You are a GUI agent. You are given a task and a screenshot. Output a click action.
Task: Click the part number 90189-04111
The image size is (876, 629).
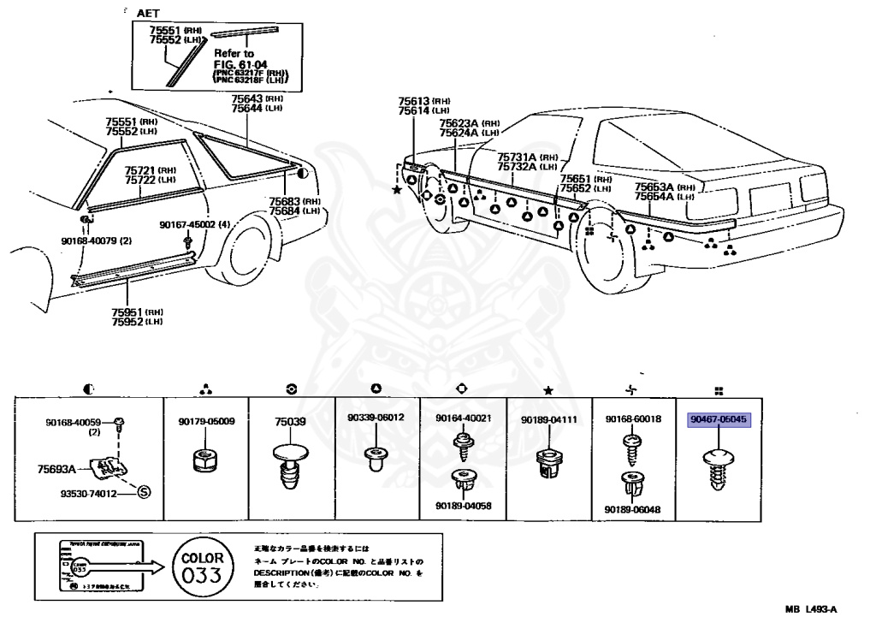[x=549, y=420]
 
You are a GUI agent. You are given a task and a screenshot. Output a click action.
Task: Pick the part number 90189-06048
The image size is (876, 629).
[x=633, y=510]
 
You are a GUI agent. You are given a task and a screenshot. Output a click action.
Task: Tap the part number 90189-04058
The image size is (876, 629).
[x=463, y=505]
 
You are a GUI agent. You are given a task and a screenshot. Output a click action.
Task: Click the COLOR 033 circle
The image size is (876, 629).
[x=200, y=568]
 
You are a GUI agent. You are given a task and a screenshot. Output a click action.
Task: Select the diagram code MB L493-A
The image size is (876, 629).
[x=810, y=609]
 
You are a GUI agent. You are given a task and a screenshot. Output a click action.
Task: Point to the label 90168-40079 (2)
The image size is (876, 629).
[x=96, y=240]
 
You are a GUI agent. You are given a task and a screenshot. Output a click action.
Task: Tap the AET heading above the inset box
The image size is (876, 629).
[x=149, y=15]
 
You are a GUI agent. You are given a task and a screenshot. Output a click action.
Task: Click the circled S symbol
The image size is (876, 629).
[x=144, y=491]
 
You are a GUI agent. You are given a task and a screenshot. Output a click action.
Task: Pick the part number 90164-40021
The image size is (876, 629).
[x=463, y=418]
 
